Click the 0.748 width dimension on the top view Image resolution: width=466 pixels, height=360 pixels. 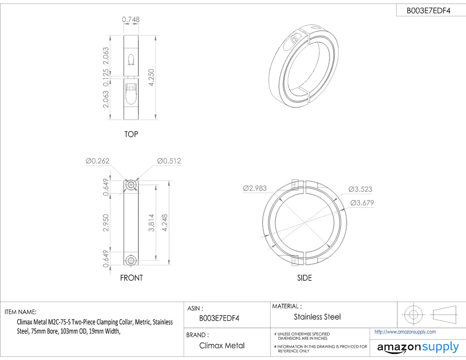tap(130, 19)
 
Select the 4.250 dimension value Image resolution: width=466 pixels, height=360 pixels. tap(151, 77)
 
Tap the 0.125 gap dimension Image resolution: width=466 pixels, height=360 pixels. tap(106, 78)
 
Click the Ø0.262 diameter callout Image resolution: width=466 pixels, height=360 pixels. tap(97, 161)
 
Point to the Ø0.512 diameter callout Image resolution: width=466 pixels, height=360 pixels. tap(169, 161)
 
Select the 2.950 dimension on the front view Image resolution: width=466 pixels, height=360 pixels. tap(106, 223)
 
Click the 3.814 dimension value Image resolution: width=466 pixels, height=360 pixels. tap(151, 223)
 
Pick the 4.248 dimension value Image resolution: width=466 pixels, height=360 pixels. tap(165, 223)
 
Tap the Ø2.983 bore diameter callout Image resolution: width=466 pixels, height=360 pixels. tap(255, 188)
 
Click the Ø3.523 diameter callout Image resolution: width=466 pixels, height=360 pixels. tap(360, 189)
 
